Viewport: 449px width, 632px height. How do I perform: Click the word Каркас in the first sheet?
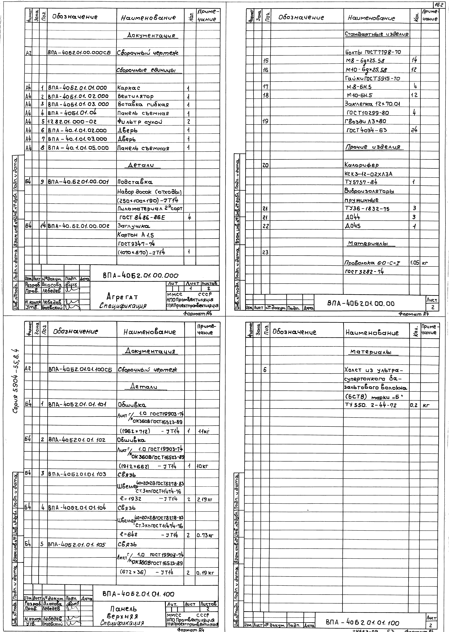[129, 88]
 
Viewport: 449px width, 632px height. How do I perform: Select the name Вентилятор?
[135, 96]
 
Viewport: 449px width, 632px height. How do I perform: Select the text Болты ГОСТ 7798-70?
[373, 52]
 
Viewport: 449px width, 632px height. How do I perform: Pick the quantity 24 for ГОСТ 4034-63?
[414, 130]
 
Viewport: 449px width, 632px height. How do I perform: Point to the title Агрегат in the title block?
[122, 297]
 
